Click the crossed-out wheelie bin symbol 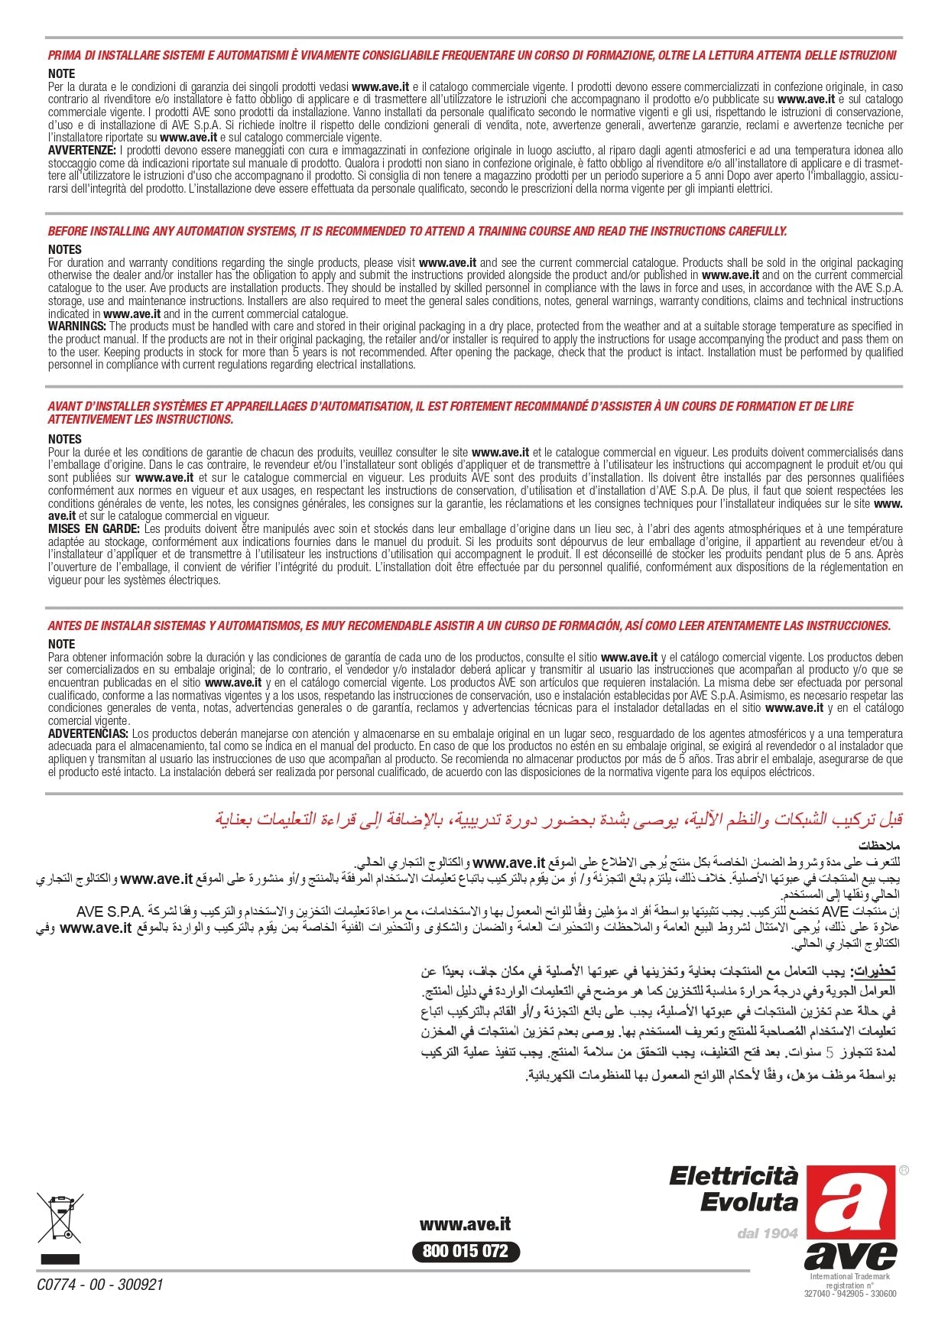60,1217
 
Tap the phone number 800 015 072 465,1251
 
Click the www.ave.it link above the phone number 465,1224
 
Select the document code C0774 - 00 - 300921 100,1285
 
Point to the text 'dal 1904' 767,1233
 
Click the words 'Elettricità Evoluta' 734,1189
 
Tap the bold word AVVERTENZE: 82,151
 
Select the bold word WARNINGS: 77,327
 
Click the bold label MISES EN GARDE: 93,529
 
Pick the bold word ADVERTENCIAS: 88,734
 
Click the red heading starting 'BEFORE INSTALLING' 417,231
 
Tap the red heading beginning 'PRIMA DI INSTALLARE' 472,55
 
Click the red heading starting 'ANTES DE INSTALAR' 469,626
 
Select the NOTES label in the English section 64,249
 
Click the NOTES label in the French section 64,439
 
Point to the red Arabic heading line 558,819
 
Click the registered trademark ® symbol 904,1170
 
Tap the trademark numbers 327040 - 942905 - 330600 850,1294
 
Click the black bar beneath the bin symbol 60,1259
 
